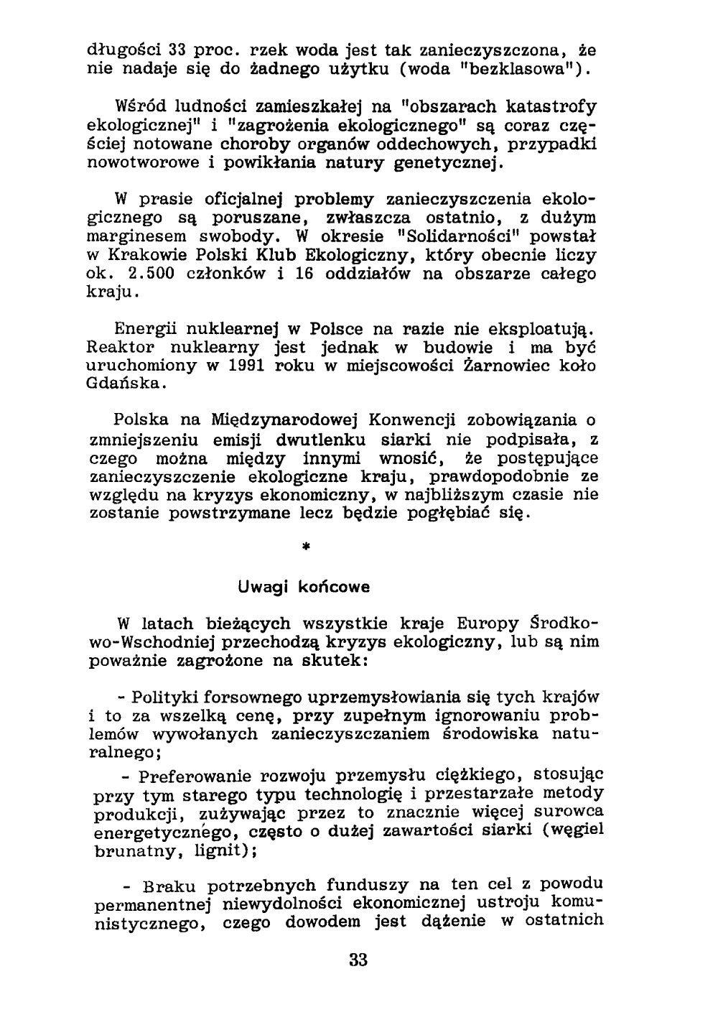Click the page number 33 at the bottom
(358, 960)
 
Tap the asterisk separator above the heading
(306, 547)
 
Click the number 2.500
(153, 274)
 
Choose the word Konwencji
(416, 420)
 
